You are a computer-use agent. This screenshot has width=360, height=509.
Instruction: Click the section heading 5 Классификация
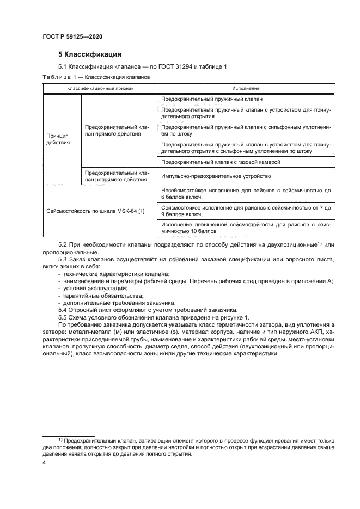click(x=89, y=54)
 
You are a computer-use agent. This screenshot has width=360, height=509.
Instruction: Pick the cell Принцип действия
click(x=58, y=138)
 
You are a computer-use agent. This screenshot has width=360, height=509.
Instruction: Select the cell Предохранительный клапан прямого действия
click(x=117, y=131)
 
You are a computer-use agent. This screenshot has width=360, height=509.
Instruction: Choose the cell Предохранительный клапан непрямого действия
click(x=117, y=176)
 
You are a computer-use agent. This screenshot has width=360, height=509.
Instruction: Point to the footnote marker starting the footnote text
click(x=60, y=438)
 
